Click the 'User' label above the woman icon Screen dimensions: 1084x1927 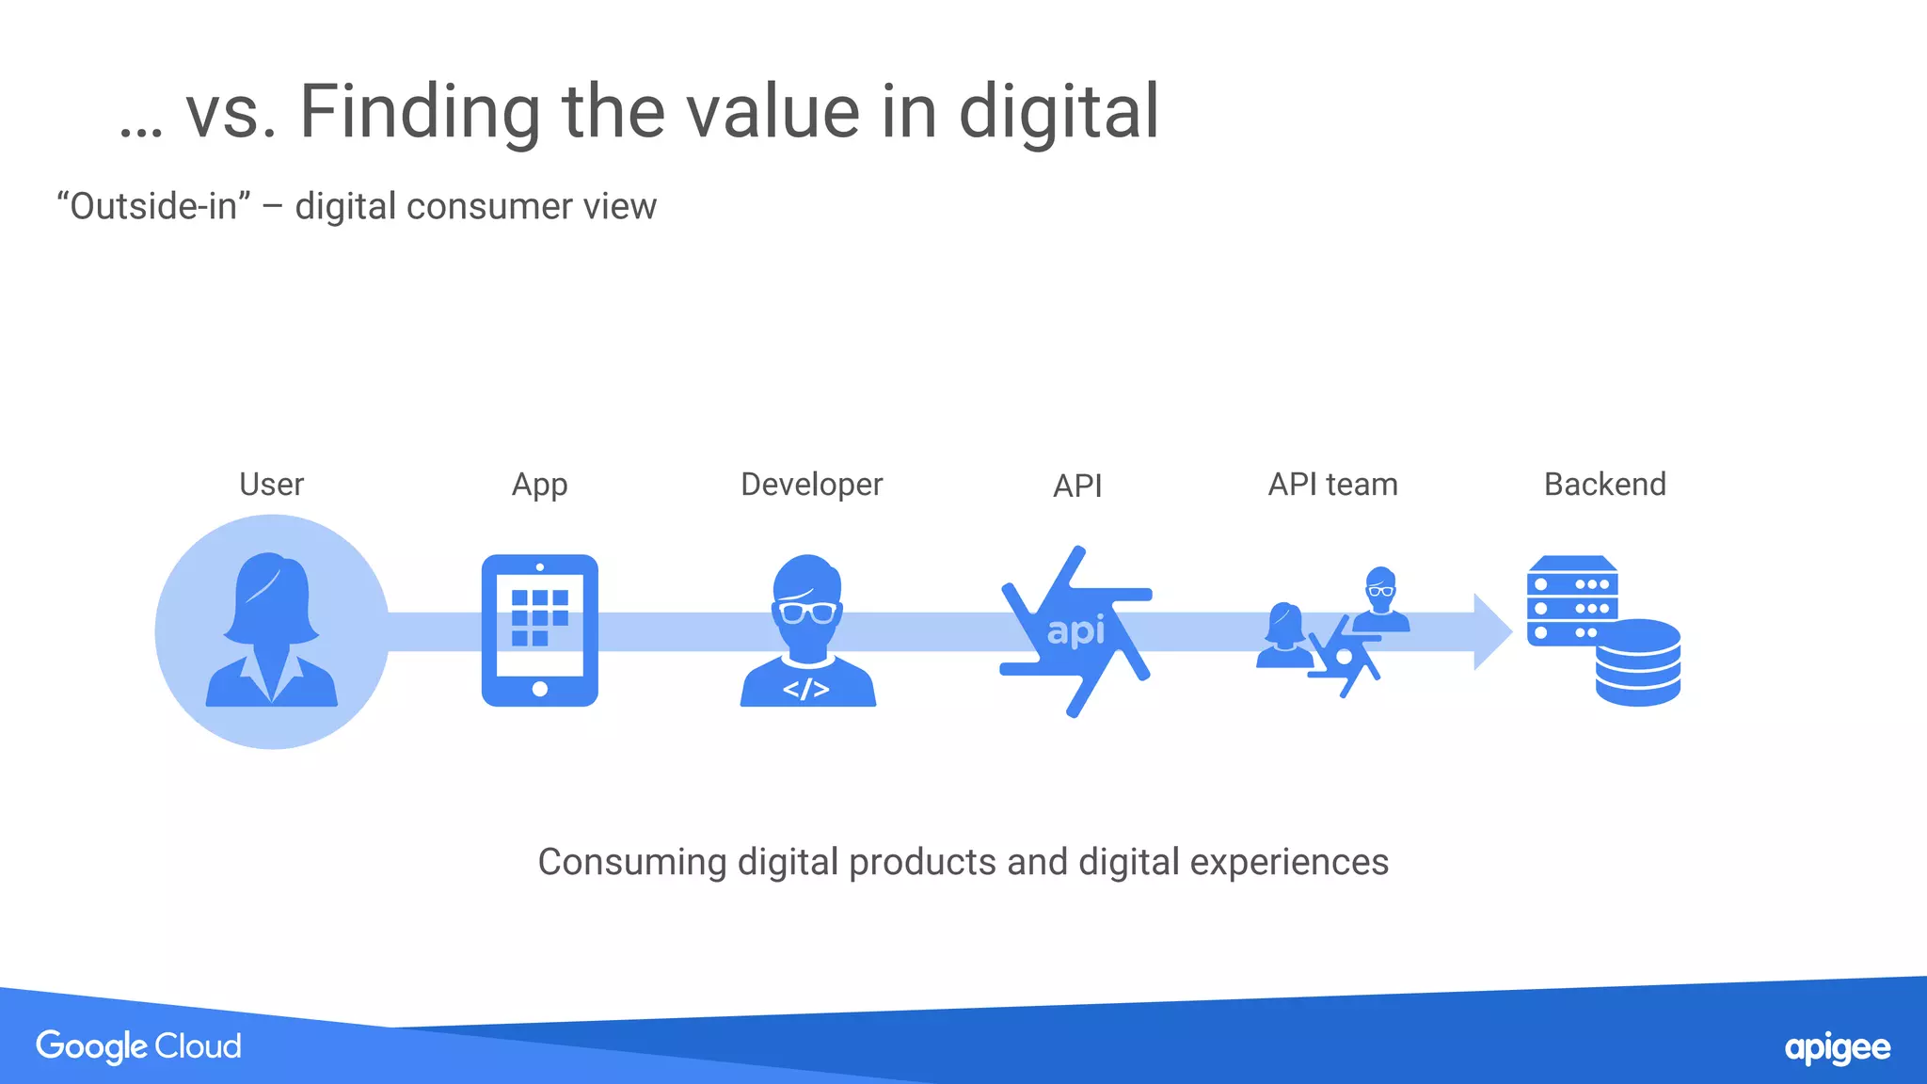pyautogui.click(x=271, y=485)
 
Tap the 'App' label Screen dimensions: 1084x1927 pyautogui.click(x=539, y=486)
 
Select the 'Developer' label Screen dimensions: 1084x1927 pyautogui.click(x=811, y=485)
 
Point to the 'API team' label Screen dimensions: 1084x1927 pyautogui.click(x=1332, y=485)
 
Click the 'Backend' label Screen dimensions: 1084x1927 pyautogui.click(x=1604, y=485)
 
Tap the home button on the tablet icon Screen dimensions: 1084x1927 pyautogui.click(x=539, y=689)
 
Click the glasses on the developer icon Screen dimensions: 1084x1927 pyautogui.click(x=807, y=614)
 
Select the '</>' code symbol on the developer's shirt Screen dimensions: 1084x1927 pyautogui.click(x=806, y=690)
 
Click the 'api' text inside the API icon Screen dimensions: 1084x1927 pyautogui.click(x=1075, y=630)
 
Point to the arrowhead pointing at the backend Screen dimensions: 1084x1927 pyautogui.click(x=1491, y=631)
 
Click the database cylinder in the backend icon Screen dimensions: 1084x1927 pyautogui.click(x=1637, y=662)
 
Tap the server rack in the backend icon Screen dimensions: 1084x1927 pyautogui.click(x=1571, y=598)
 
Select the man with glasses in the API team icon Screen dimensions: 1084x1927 pyautogui.click(x=1380, y=599)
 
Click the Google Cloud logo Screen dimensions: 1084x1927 pyautogui.click(x=138, y=1046)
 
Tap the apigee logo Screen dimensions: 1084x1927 pyautogui.click(x=1837, y=1048)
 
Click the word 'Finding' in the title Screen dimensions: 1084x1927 pyautogui.click(x=419, y=112)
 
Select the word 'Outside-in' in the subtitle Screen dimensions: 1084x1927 pyautogui.click(x=153, y=206)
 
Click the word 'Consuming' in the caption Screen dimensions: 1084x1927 pyautogui.click(x=631, y=862)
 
